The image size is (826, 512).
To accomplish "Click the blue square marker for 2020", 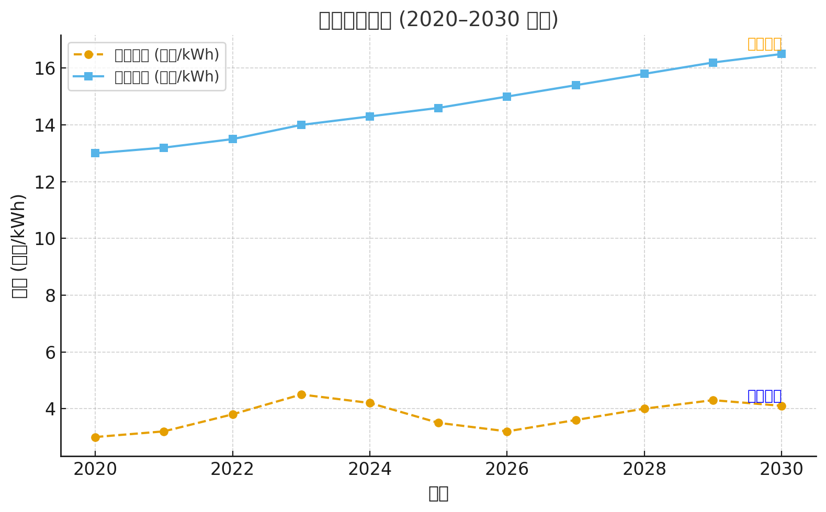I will click(x=95, y=153).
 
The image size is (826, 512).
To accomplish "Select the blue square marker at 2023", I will click(x=301, y=125).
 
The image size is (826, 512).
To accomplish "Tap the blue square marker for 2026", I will click(x=507, y=97).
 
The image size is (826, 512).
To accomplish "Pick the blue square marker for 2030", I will click(x=782, y=54).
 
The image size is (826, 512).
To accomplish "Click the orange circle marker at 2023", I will click(x=301, y=394).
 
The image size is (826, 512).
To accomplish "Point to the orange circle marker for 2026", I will click(x=507, y=432).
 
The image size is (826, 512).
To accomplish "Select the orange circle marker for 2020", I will click(x=95, y=437).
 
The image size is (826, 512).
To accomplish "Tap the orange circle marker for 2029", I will click(x=713, y=400).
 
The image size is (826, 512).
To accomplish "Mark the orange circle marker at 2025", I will click(x=438, y=423).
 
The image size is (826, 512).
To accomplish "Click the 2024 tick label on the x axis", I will click(x=370, y=469).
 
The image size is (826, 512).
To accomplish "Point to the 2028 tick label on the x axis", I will click(x=644, y=469).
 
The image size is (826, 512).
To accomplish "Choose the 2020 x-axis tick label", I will click(x=95, y=469).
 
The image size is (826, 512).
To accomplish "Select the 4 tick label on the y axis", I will click(x=50, y=409).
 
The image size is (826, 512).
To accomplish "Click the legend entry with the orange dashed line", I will click(x=147, y=55).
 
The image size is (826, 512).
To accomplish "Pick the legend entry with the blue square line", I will click(x=147, y=77).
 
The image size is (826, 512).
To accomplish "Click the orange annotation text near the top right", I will click(x=764, y=44).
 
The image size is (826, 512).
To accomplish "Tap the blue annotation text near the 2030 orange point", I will click(x=764, y=396).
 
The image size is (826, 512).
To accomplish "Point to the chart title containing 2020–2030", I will click(x=438, y=20).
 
